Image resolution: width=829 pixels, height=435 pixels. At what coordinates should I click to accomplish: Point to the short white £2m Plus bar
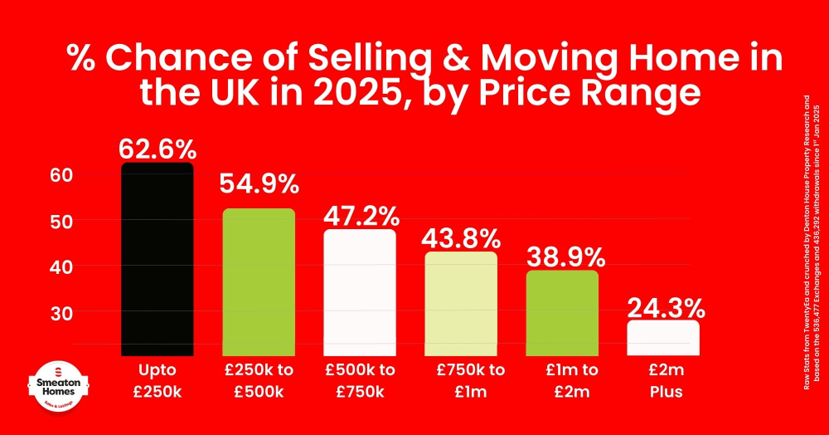click(663, 336)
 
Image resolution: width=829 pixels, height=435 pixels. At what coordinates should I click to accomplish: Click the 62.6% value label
click(158, 149)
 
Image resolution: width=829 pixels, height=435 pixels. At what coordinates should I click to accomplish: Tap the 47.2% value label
click(360, 217)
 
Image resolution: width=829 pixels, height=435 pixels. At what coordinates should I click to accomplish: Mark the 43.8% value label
click(461, 239)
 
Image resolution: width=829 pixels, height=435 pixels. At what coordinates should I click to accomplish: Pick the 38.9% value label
click(562, 257)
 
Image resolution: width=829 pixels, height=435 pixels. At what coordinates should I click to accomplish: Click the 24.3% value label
click(666, 309)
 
